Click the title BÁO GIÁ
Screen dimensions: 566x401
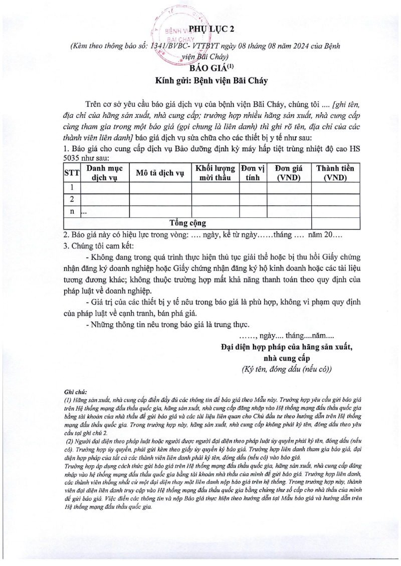coord(206,68)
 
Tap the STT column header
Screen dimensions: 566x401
coord(73,173)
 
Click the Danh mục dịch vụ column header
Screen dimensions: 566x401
coord(105,173)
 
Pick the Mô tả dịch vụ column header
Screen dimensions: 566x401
coord(160,173)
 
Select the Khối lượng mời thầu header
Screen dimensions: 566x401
coord(215,173)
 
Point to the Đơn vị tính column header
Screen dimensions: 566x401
coord(253,173)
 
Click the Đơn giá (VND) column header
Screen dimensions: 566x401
coord(289,173)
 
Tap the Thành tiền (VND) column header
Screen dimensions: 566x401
coord(335,173)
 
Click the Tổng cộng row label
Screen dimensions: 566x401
coord(188,223)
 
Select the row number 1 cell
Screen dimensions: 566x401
coord(73,187)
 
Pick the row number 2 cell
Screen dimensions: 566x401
coord(73,199)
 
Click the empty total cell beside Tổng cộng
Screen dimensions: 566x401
coord(335,223)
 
